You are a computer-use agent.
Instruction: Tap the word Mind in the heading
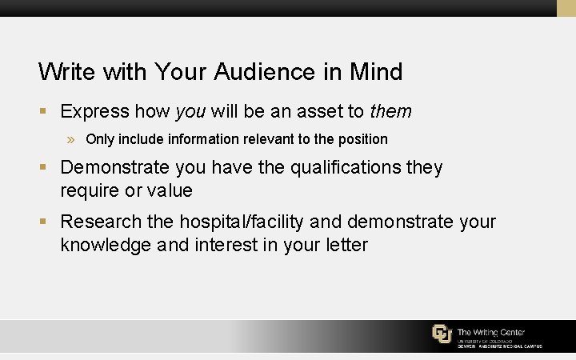(x=376, y=72)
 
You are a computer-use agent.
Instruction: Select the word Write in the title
(x=66, y=72)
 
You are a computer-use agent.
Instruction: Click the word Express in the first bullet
(x=94, y=111)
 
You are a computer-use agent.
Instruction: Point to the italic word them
(x=390, y=111)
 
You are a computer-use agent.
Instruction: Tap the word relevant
(x=268, y=139)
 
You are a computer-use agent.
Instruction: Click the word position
(x=363, y=139)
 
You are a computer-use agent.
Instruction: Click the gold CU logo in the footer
(x=442, y=334)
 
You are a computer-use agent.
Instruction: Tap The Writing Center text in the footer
(x=491, y=332)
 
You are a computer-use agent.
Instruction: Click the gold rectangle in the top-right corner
(x=566, y=8)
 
